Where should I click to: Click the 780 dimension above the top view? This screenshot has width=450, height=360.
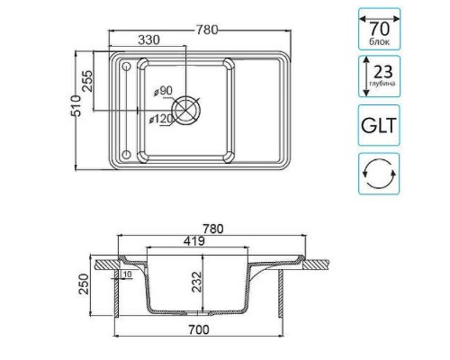coord(206,29)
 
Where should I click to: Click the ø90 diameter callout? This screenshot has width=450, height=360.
coord(163,91)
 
